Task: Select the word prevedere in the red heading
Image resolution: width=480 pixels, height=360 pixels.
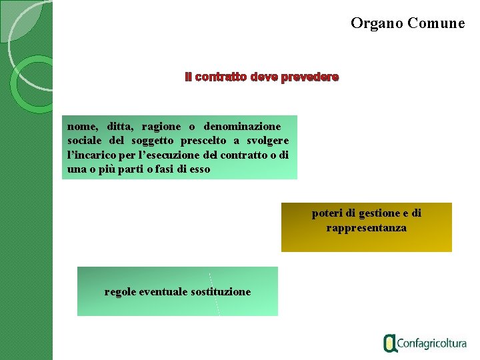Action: (309, 77)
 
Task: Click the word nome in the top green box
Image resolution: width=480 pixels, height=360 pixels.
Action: (82, 126)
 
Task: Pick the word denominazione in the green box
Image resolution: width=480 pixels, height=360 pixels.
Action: (242, 126)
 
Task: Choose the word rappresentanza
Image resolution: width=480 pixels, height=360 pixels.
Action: (366, 228)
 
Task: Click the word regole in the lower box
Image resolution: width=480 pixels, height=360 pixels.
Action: (121, 291)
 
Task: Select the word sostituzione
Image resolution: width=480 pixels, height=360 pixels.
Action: (221, 291)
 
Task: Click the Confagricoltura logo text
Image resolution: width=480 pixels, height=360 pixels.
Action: (431, 344)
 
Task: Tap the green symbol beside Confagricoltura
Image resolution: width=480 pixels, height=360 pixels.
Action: (390, 343)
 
